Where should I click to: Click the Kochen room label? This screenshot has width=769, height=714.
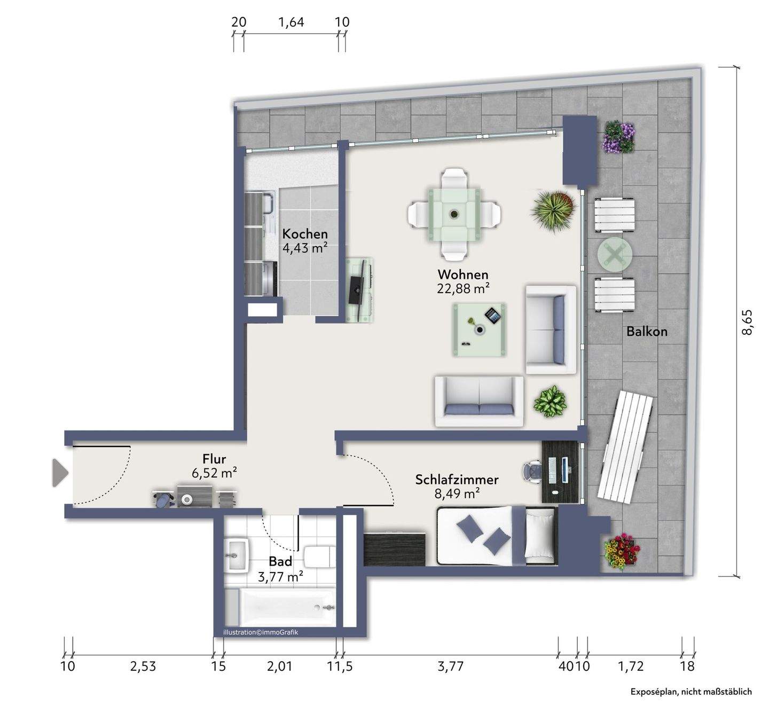(305, 233)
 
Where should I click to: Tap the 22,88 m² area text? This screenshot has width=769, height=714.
(463, 288)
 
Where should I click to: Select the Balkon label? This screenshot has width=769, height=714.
(647, 332)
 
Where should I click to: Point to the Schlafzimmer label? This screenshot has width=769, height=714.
(457, 480)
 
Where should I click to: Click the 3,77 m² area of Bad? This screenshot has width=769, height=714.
(280, 577)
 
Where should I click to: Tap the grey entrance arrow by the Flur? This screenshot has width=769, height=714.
(60, 473)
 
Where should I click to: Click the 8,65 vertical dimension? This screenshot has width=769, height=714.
(747, 322)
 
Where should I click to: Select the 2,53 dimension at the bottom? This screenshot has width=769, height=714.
(143, 666)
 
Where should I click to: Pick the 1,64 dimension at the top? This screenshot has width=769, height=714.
(291, 22)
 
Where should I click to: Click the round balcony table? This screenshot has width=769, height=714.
(615, 255)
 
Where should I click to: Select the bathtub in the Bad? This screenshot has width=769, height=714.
(287, 608)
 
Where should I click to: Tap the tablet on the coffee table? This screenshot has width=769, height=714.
(493, 316)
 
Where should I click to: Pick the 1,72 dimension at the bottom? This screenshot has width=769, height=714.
(631, 666)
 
